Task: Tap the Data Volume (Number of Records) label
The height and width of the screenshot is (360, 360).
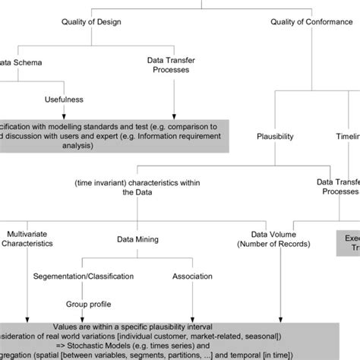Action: coord(282,239)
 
